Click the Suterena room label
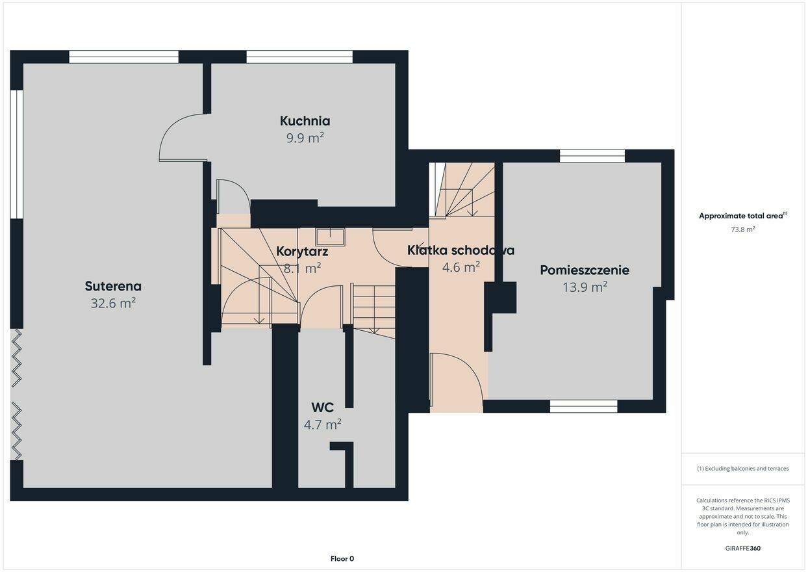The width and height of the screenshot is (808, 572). click(113, 286)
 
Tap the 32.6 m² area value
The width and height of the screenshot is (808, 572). click(113, 303)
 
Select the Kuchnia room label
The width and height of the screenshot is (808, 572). click(305, 121)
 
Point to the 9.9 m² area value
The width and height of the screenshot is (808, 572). click(305, 138)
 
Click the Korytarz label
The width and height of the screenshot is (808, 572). click(302, 252)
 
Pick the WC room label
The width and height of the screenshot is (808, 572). click(322, 408)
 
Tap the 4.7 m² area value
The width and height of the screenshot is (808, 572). click(322, 424)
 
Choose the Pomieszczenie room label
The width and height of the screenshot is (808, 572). click(585, 270)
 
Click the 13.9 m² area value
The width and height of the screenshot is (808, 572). click(585, 287)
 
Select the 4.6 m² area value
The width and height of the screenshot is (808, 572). click(461, 267)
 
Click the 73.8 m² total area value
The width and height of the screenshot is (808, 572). click(742, 229)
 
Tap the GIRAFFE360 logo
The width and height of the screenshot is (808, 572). click(742, 548)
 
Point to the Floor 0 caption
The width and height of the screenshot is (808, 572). click(342, 558)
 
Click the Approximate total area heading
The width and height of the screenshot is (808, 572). click(742, 216)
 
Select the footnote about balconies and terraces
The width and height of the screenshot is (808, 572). click(742, 469)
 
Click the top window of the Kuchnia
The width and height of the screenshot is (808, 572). click(299, 57)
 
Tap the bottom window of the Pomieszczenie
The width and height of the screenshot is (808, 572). click(583, 406)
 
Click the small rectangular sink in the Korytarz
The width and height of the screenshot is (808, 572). click(331, 237)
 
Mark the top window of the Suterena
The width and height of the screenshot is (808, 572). click(123, 57)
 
